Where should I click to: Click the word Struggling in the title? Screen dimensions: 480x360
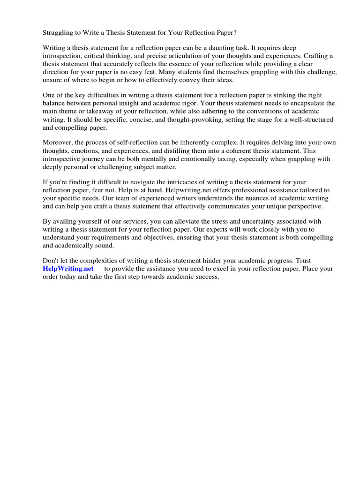(59, 33)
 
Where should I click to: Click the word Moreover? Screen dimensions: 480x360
(59, 142)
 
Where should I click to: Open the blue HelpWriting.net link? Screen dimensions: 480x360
(68, 269)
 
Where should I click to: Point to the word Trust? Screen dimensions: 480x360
(301, 261)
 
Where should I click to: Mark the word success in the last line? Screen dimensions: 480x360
(207, 277)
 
